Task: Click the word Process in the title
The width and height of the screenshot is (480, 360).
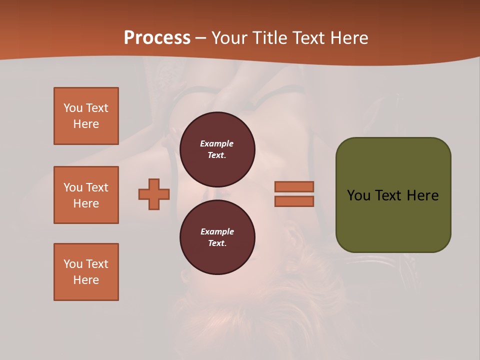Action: (157, 38)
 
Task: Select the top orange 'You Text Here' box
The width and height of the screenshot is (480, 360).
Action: (86, 116)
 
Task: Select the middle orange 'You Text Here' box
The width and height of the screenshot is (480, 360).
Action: (86, 195)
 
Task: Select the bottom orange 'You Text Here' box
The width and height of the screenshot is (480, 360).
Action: (86, 272)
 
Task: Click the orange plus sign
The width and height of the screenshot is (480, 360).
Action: (154, 194)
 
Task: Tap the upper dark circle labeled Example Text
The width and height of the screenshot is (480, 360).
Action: (217, 149)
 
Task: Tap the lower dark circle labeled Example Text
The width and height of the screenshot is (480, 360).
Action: (217, 237)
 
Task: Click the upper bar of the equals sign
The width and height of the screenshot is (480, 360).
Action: (294, 186)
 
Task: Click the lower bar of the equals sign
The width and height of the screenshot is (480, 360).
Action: (294, 201)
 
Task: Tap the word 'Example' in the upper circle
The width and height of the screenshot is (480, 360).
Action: (216, 143)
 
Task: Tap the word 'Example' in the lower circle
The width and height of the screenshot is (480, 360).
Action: (217, 231)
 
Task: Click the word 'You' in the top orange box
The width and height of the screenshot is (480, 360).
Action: (73, 108)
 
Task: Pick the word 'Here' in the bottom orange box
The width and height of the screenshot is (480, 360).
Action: (86, 280)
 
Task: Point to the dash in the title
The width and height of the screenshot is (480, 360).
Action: (201, 38)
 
